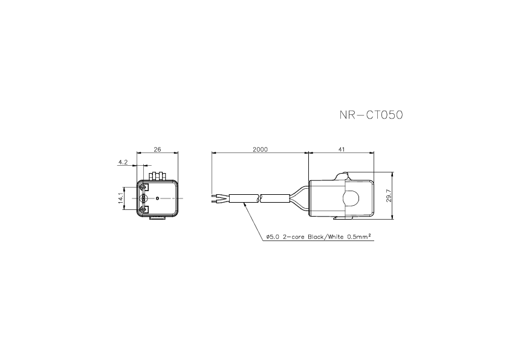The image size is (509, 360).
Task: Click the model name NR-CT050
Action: click(x=371, y=115)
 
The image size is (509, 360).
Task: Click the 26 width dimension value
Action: click(x=157, y=149)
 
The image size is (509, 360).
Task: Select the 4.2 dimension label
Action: click(x=123, y=162)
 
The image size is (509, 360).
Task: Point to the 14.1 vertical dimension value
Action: click(x=121, y=198)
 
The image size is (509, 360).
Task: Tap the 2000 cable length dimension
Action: click(x=261, y=149)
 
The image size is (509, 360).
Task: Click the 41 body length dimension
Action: click(x=341, y=149)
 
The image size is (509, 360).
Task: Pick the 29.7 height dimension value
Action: click(x=389, y=195)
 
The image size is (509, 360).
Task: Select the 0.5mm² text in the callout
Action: click(x=359, y=236)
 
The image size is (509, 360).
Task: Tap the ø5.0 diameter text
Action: click(x=273, y=237)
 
